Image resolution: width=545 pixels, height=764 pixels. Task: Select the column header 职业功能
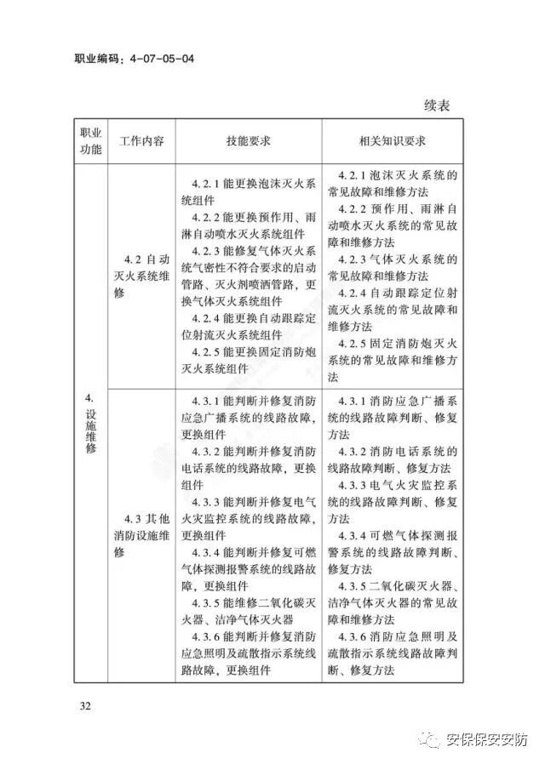point(90,141)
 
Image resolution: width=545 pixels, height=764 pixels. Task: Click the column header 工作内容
point(142,141)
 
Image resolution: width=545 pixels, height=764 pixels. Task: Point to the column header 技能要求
point(249,141)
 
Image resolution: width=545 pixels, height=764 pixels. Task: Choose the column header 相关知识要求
point(392,141)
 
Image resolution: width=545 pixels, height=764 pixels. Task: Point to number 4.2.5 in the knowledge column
point(353,344)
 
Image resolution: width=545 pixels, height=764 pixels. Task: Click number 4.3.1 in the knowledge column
point(353,402)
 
